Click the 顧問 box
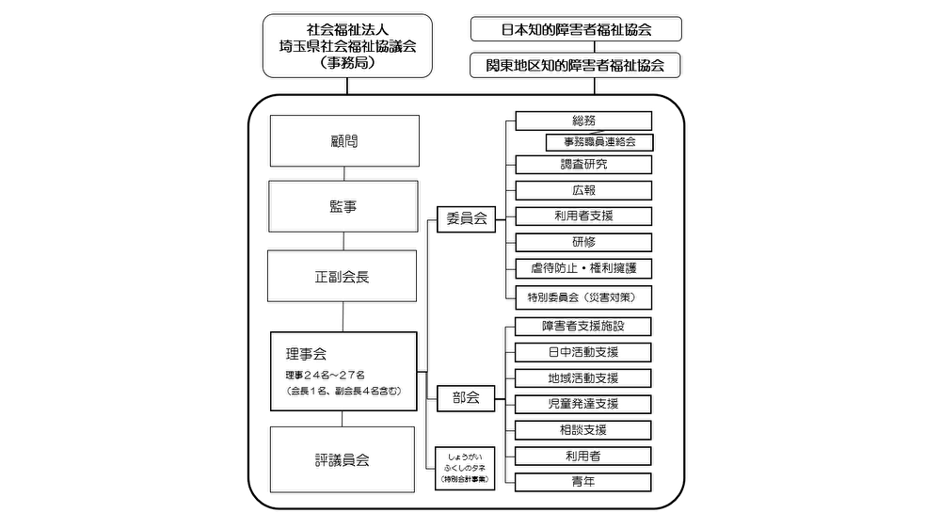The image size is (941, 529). click(x=343, y=141)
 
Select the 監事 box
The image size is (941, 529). click(x=343, y=206)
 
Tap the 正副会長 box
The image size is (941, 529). click(x=343, y=278)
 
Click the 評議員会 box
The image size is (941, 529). click(x=343, y=459)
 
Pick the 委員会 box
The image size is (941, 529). click(x=466, y=218)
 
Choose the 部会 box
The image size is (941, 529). click(x=466, y=397)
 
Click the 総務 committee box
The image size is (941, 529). click(x=583, y=120)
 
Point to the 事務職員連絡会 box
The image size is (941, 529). click(x=599, y=142)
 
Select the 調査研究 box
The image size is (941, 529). click(x=583, y=164)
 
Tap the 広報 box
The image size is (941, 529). click(x=583, y=190)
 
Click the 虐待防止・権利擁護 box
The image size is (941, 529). click(x=583, y=268)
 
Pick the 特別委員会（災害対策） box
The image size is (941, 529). click(x=583, y=297)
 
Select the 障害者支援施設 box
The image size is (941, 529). click(x=583, y=327)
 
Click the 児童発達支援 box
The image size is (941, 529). click(x=583, y=404)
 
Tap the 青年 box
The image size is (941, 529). click(x=583, y=482)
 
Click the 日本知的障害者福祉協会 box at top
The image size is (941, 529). click(x=576, y=29)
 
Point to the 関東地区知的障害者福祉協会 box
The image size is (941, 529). click(x=576, y=65)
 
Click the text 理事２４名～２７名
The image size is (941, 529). click(x=326, y=375)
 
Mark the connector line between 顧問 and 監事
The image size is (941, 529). click(x=343, y=174)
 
